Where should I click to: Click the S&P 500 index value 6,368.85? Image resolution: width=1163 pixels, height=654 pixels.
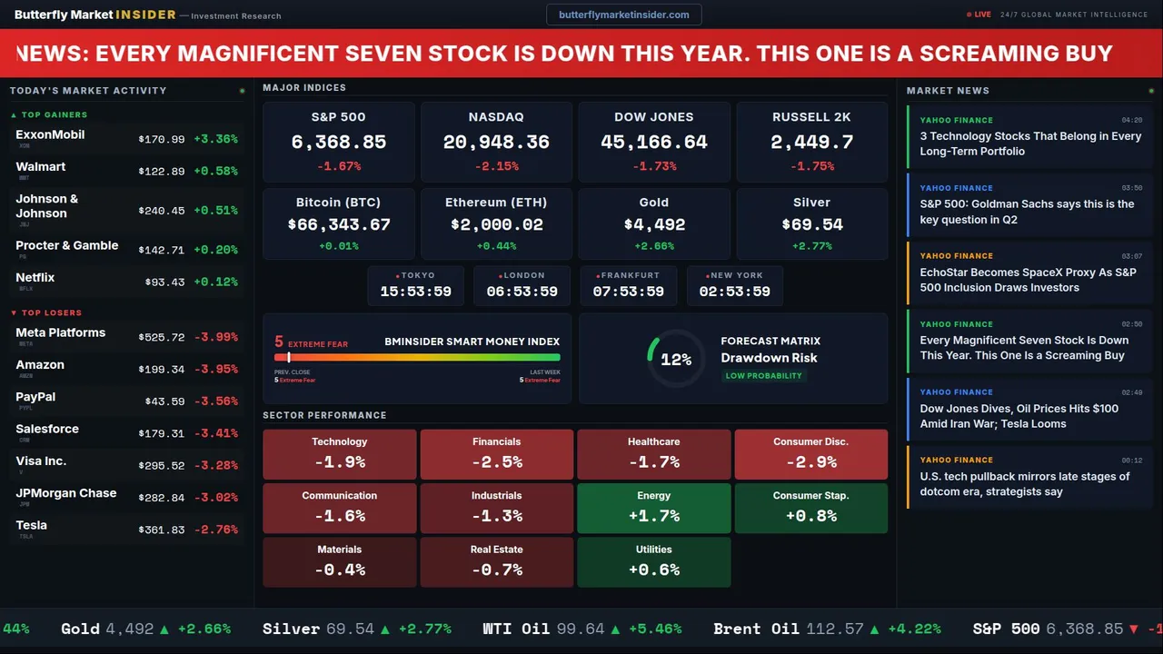pos(338,143)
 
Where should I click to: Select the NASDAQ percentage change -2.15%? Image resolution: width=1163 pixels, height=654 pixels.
pos(496,166)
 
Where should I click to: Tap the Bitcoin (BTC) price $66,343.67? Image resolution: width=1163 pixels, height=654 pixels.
pos(339,224)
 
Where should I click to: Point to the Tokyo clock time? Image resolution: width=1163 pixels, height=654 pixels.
pos(415,292)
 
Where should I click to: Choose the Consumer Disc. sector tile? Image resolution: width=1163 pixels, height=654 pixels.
pos(810,454)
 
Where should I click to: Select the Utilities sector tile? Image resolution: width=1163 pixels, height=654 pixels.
pos(653,562)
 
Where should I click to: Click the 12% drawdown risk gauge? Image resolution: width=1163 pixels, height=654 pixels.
pos(675,360)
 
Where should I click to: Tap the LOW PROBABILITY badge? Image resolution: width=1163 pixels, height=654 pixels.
pos(763,376)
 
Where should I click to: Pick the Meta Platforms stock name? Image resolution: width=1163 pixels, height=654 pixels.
pos(60,332)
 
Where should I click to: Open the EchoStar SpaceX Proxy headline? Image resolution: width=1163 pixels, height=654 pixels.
pos(1028,280)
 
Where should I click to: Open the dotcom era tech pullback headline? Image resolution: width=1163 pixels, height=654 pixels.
pos(1024,484)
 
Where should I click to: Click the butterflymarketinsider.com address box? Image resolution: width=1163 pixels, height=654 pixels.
pos(623,15)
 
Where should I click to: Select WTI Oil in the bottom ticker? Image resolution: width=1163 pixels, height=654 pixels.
pos(515,629)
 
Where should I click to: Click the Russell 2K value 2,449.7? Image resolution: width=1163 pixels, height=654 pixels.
pos(811,143)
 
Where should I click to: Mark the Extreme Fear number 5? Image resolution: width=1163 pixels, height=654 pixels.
pos(279,342)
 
